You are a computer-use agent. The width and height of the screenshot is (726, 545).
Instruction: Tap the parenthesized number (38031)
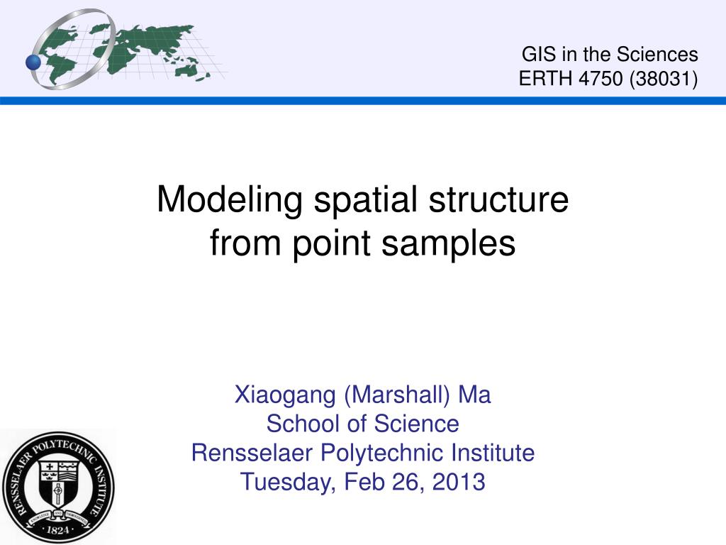coord(662,79)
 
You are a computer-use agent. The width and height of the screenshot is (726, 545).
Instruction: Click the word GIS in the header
coord(537,55)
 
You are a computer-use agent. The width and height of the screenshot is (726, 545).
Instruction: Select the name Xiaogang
coord(286,395)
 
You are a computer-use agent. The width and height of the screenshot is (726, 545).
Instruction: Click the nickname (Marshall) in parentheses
coord(398,395)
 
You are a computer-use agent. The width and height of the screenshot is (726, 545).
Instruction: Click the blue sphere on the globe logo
coord(33,62)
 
